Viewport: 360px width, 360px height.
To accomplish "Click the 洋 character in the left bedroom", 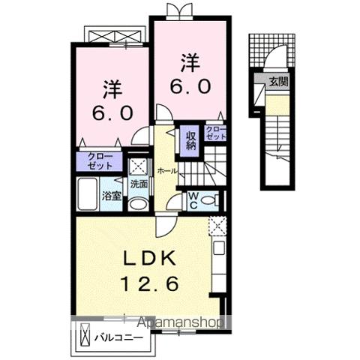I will (112, 88).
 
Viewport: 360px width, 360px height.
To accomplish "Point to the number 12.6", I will (148, 285).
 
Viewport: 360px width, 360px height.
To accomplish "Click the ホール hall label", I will (167, 171).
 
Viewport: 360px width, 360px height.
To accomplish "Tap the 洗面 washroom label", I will (139, 183).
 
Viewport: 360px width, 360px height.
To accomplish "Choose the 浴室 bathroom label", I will (110, 199).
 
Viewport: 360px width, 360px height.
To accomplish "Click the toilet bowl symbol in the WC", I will (213, 200).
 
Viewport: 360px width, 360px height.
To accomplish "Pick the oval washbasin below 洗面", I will (138, 205).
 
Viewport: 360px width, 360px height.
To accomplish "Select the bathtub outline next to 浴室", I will (88, 196).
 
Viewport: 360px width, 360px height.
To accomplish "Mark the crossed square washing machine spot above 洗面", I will (138, 166).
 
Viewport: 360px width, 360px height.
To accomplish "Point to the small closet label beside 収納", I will (217, 134).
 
